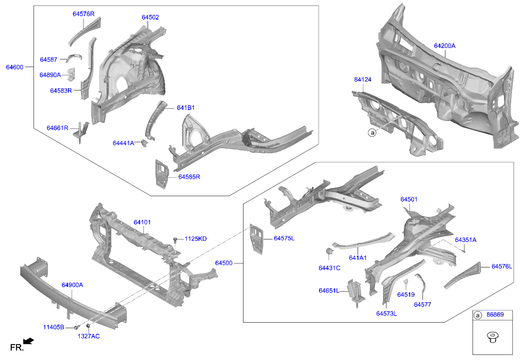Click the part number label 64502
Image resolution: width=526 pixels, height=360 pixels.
point(150,17)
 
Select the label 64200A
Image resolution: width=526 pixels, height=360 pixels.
point(444,46)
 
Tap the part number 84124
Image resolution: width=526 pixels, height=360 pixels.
point(362,80)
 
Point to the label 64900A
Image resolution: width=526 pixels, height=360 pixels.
point(72,285)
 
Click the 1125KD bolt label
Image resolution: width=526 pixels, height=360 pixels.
point(195,239)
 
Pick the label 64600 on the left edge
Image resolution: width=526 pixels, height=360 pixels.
point(15,67)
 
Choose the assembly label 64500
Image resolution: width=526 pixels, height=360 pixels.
point(224,263)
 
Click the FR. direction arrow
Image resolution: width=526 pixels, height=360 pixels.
point(28,341)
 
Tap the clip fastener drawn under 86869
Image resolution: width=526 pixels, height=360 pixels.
point(492,337)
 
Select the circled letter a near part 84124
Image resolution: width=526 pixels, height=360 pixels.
point(372,133)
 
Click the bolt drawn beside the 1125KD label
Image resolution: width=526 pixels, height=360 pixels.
point(175,240)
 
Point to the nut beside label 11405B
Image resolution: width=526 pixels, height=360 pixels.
point(76,327)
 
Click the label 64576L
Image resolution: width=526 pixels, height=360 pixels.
point(502,267)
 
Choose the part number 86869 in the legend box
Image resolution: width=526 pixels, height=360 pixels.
point(495,315)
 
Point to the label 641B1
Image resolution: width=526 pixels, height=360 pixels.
point(185,108)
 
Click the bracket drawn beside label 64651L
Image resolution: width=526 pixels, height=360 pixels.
point(355,292)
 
